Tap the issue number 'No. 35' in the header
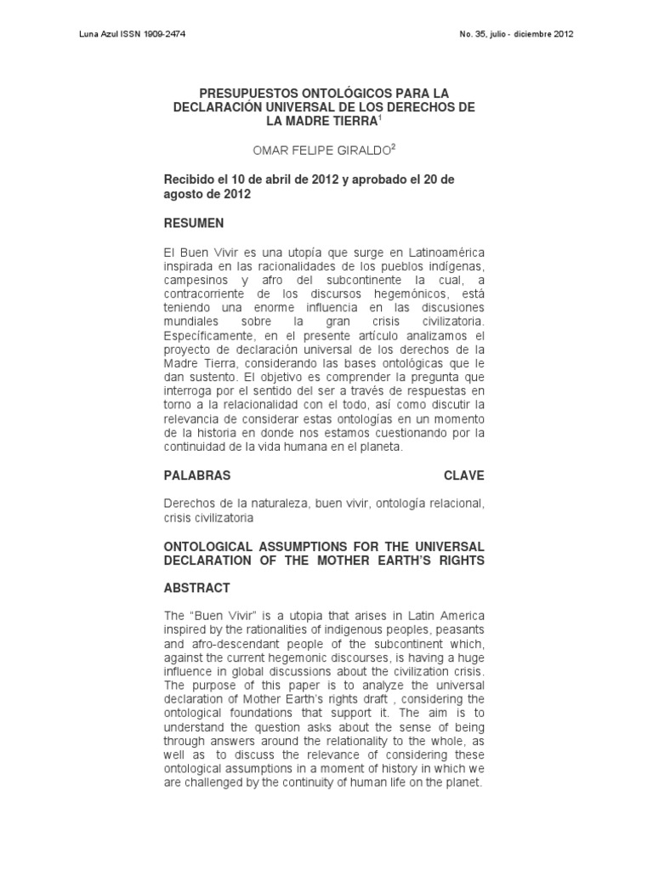pyautogui.click(x=473, y=35)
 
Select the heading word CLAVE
pyautogui.click(x=463, y=475)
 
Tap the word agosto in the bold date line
pyautogui.click(x=181, y=193)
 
